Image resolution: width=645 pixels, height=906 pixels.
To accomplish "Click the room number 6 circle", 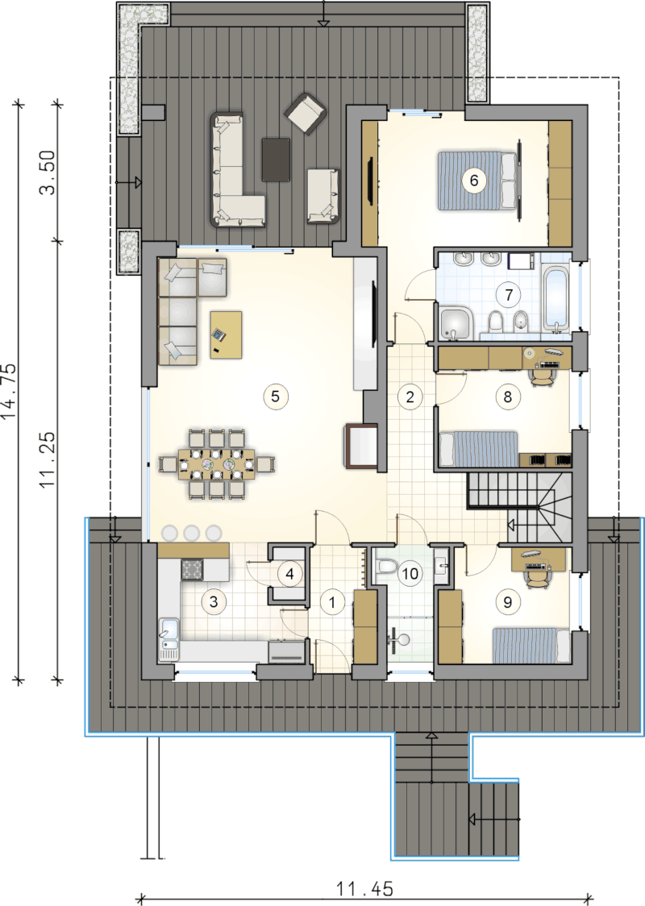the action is (474, 181).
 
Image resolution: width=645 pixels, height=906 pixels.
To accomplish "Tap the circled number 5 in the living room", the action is (275, 397).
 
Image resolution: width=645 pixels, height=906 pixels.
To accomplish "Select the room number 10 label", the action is (410, 573).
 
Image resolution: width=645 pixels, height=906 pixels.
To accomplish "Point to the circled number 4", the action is (289, 573).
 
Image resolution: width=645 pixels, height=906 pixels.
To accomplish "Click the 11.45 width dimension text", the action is (364, 888).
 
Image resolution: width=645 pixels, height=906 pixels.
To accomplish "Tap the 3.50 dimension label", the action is (48, 172).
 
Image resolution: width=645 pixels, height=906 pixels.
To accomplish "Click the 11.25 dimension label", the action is (48, 460).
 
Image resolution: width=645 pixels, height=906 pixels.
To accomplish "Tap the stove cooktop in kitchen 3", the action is (192, 569).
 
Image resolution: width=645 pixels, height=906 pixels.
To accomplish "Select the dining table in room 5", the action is (217, 463).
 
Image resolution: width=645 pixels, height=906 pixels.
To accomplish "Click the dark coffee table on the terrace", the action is (276, 160).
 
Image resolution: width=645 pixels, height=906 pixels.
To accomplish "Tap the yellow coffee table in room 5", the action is (226, 335).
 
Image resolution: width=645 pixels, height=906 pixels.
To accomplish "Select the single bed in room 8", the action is (479, 448).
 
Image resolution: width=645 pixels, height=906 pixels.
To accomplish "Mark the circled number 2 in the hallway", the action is (410, 397).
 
